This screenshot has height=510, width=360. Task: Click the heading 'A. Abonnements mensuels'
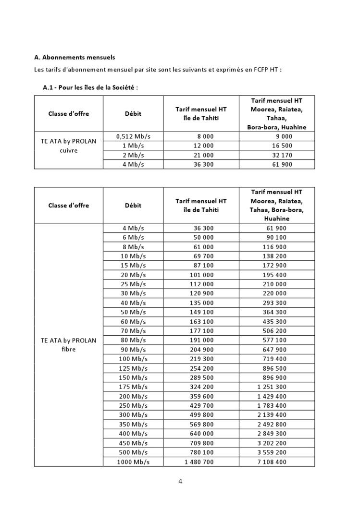point(74,57)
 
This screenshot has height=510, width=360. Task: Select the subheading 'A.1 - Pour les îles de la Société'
point(90,87)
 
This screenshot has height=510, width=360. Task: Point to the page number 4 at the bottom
point(180,481)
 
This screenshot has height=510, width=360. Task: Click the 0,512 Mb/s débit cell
point(133,136)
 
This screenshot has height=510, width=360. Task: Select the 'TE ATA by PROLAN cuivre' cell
point(69,146)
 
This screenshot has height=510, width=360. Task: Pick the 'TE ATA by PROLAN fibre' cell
point(69,345)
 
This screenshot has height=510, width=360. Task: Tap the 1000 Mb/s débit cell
point(133,461)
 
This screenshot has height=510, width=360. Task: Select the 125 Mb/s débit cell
point(133,368)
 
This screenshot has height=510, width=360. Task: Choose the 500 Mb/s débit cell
point(133,452)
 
